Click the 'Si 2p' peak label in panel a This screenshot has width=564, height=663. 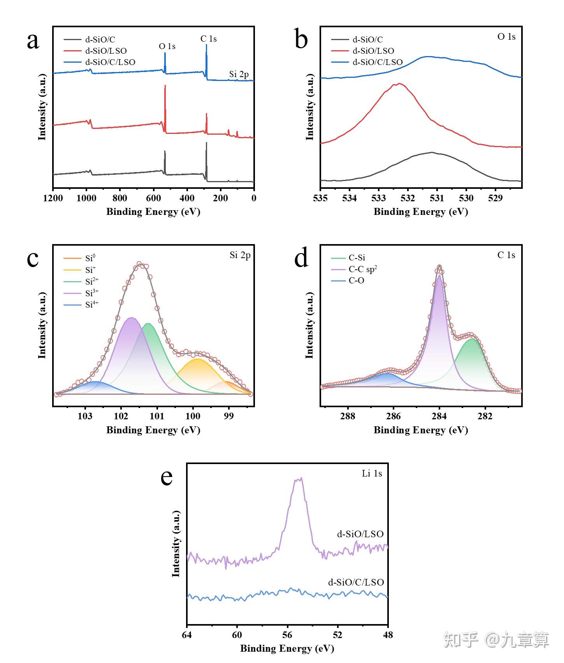click(239, 74)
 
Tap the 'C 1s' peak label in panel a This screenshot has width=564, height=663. click(208, 39)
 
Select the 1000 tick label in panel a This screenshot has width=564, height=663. click(86, 198)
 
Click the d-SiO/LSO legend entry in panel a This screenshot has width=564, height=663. click(106, 51)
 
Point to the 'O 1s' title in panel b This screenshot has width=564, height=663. click(506, 37)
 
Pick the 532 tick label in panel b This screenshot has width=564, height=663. click(408, 198)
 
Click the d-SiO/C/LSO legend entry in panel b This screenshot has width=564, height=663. click(377, 62)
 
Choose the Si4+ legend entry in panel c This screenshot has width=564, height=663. click(91, 304)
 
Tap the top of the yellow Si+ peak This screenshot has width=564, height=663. click(198, 359)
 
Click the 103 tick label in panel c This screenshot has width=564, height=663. click(85, 416)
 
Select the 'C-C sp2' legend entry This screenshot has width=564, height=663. click(363, 269)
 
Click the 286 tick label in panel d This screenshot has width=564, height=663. click(394, 416)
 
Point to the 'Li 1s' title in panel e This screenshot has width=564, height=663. click(372, 473)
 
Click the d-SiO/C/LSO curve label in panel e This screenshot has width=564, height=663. click(356, 582)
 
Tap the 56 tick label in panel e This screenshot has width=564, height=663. click(287, 635)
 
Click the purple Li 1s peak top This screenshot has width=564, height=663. click(299, 479)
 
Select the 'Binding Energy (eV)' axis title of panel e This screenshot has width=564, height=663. click(287, 649)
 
